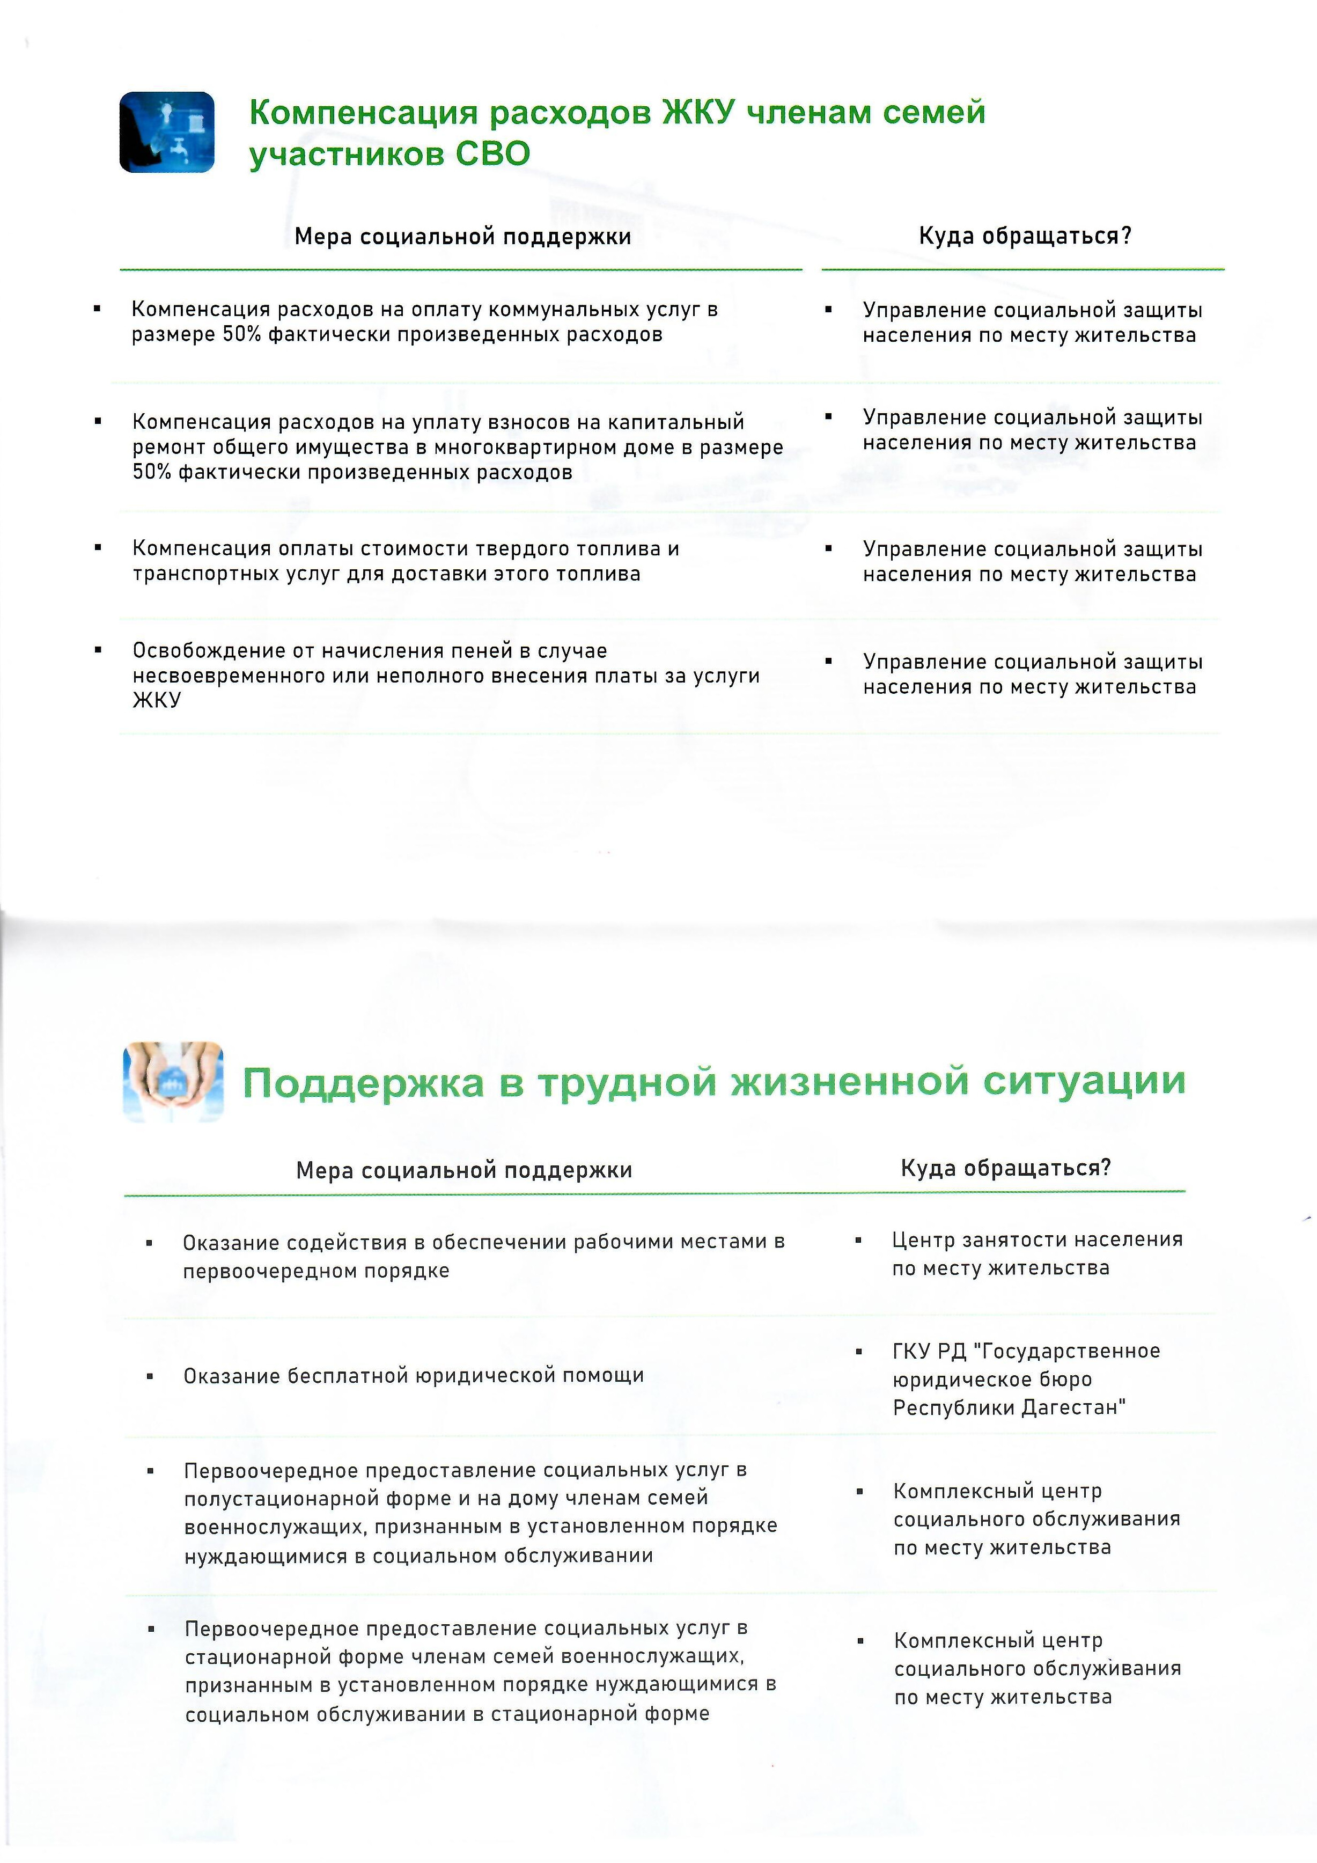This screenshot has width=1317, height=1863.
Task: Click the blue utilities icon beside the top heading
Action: (x=167, y=132)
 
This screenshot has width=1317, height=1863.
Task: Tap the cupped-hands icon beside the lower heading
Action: (x=173, y=1082)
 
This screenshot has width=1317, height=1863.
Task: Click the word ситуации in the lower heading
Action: (x=1084, y=1081)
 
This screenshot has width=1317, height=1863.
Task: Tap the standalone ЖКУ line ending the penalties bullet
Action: (x=157, y=700)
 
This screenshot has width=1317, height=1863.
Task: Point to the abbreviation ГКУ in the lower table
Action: (x=913, y=1351)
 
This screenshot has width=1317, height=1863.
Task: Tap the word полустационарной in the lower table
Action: (x=288, y=1498)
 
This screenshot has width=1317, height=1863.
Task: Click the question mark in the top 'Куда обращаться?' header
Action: (x=1125, y=236)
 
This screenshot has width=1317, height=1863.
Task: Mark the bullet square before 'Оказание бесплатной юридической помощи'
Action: (x=150, y=1376)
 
